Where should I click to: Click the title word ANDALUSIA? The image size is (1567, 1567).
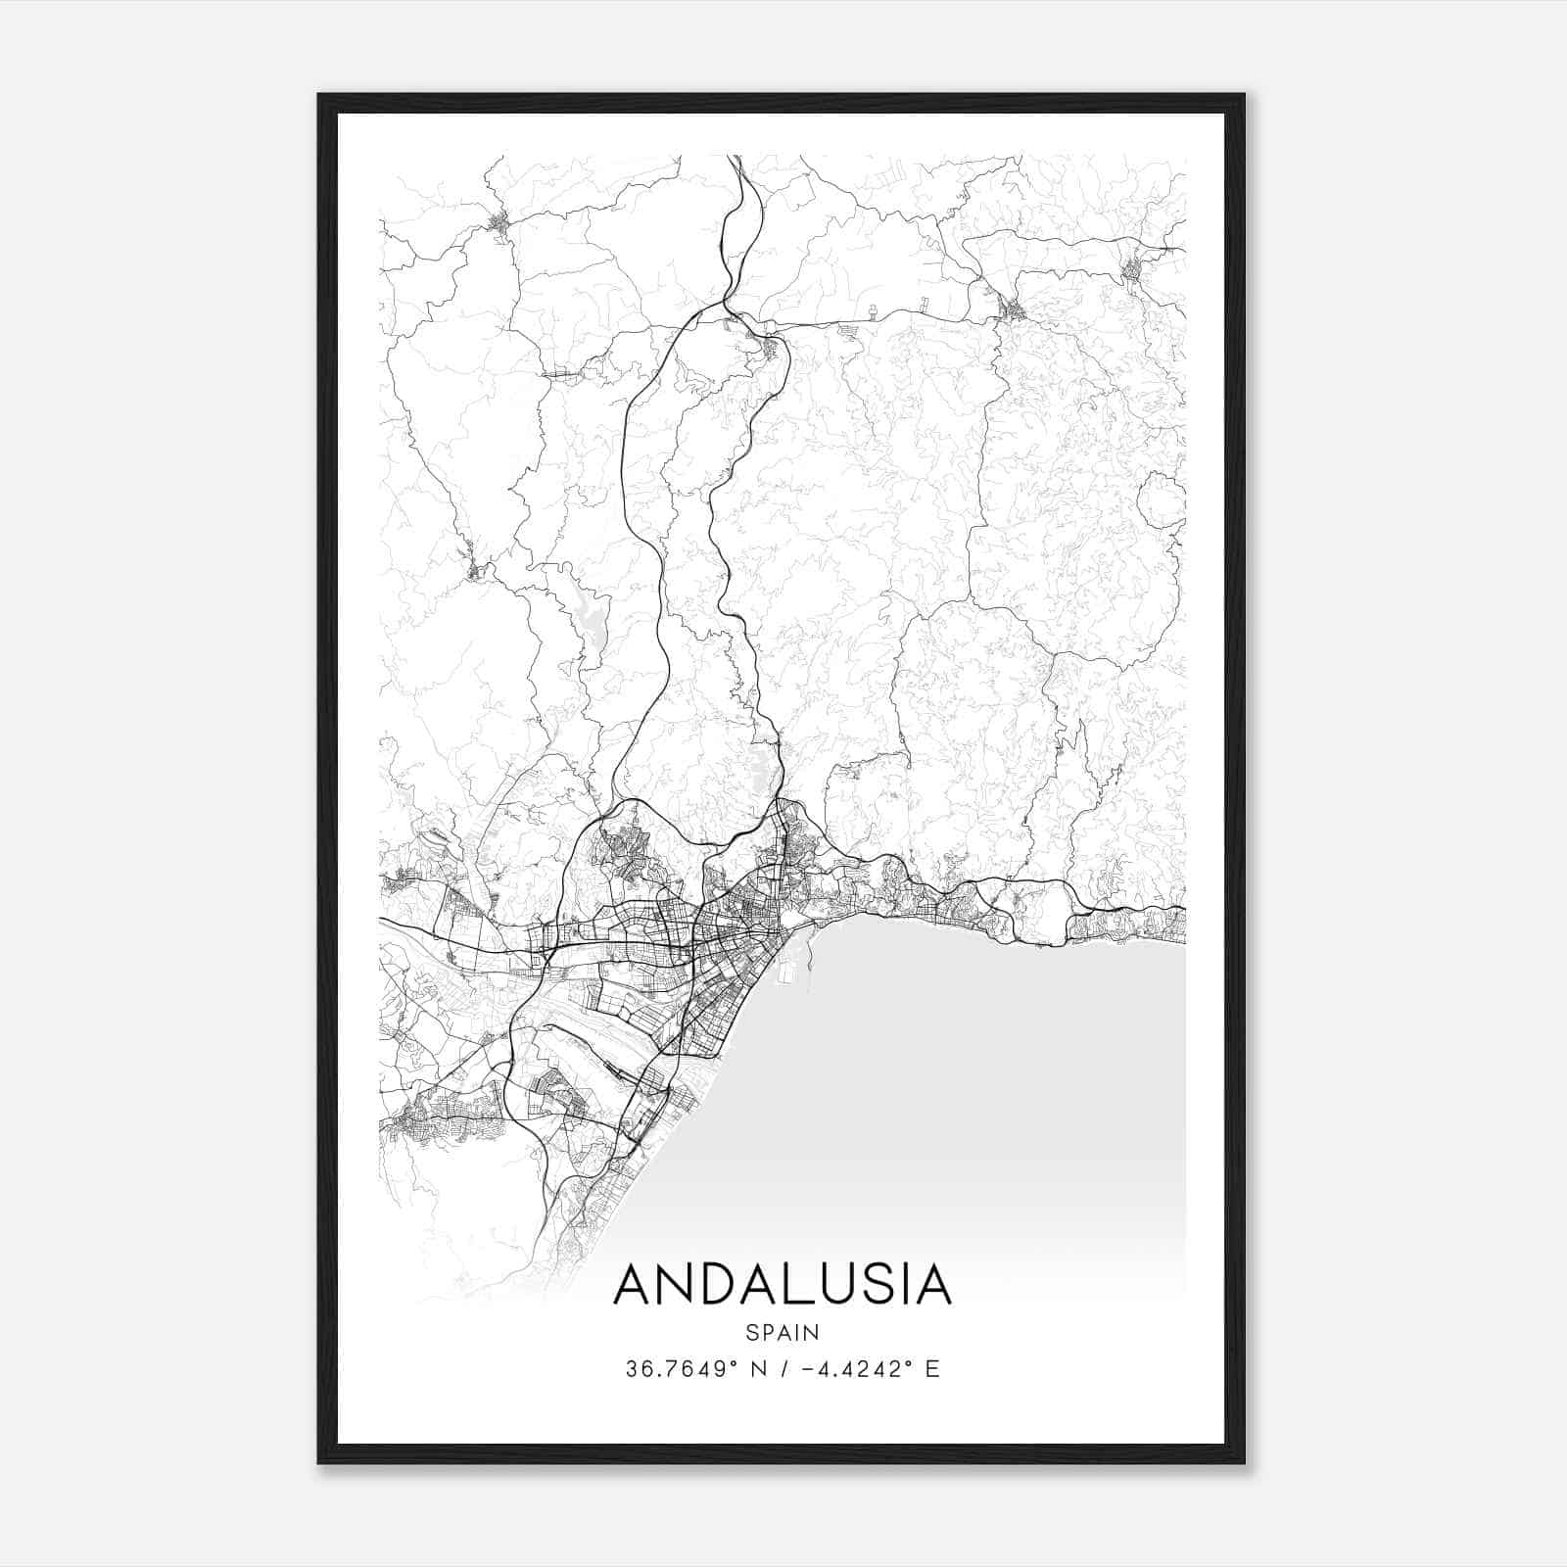pos(782,1284)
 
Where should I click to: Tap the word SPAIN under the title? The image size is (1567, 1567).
pos(782,1332)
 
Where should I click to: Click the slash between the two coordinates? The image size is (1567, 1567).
pos(777,1369)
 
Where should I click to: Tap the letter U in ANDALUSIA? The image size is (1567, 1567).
pos(839,1284)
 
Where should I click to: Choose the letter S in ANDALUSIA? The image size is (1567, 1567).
pos(878,1284)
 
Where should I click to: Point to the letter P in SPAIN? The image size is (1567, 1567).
pos(769,1332)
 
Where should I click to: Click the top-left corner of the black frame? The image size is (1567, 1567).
pos(319,96)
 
